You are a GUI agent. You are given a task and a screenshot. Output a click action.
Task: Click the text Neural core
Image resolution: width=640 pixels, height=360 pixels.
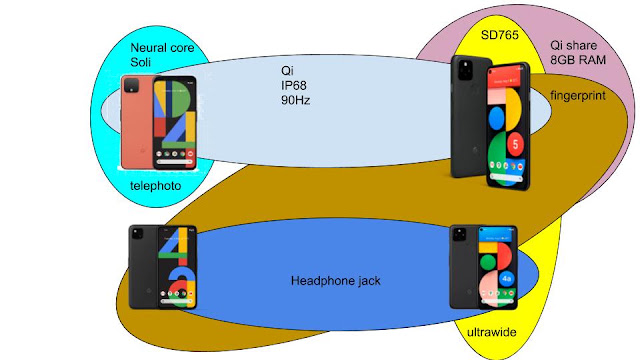[162, 48]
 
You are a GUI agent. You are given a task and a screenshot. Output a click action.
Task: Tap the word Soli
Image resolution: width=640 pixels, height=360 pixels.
[140, 62]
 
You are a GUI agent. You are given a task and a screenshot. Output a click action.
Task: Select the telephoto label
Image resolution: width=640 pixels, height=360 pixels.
[156, 186]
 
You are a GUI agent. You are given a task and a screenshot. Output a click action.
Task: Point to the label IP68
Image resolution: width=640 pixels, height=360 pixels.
[293, 85]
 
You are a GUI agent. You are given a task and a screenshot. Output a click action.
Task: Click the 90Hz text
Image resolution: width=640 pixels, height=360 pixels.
[296, 100]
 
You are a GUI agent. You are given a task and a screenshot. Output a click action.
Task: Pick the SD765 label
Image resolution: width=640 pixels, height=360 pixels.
[500, 35]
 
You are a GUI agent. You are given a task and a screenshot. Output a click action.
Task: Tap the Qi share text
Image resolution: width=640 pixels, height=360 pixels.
[573, 45]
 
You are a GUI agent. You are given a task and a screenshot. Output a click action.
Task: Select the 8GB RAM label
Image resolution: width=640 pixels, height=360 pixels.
[578, 60]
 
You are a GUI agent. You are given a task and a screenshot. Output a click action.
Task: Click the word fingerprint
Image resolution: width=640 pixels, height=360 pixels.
[578, 96]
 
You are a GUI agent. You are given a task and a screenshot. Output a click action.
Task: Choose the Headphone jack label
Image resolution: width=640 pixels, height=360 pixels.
[336, 281]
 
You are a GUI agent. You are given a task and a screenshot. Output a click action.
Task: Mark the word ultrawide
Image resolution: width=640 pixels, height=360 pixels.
[491, 332]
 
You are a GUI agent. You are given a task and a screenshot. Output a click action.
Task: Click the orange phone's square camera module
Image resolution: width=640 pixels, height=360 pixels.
[132, 86]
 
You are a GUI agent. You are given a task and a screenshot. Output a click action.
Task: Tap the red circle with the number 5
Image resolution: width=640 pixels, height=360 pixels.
[516, 144]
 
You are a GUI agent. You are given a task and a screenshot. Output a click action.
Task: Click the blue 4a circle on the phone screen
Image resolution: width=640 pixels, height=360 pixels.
[506, 279]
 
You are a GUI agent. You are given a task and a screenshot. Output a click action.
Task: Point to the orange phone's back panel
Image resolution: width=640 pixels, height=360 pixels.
[137, 122]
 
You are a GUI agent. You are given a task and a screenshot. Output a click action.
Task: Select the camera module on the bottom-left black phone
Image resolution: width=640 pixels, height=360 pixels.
[137, 234]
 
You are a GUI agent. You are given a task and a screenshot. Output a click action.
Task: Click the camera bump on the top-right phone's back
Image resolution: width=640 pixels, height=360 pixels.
[465, 70]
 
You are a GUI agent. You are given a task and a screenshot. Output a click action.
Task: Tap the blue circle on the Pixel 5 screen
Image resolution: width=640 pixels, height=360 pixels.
[496, 117]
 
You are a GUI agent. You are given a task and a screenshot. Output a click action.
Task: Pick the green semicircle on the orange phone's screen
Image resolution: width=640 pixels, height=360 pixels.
[181, 99]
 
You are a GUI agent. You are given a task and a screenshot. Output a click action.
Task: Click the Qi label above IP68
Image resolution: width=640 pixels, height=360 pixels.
[287, 71]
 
